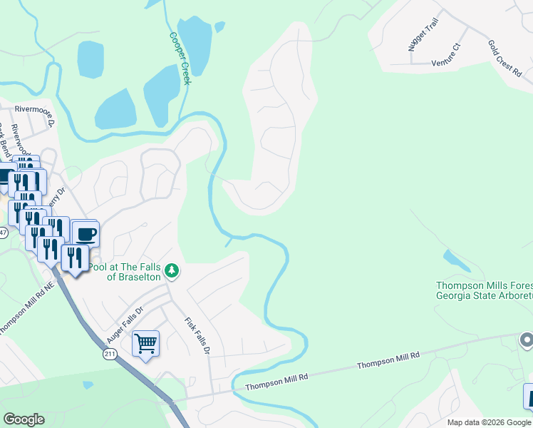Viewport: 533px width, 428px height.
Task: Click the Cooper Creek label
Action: pos(180,58)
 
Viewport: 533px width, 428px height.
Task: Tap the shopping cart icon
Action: pos(145,343)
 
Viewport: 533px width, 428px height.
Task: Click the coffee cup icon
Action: pos(86,233)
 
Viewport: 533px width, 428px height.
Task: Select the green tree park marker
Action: pos(171,271)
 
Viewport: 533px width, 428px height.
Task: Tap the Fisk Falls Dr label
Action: pos(198,335)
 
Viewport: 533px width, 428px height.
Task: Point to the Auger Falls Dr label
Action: pos(125,322)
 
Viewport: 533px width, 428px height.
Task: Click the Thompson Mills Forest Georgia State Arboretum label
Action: pos(485,290)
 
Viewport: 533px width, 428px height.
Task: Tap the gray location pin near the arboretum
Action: pos(526,340)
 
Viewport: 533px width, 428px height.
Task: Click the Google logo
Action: pos(24,419)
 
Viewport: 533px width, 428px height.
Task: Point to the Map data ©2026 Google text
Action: pos(489,422)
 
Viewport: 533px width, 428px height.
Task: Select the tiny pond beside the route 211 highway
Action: pos(87,385)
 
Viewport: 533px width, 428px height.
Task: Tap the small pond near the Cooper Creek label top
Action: pos(219,26)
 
